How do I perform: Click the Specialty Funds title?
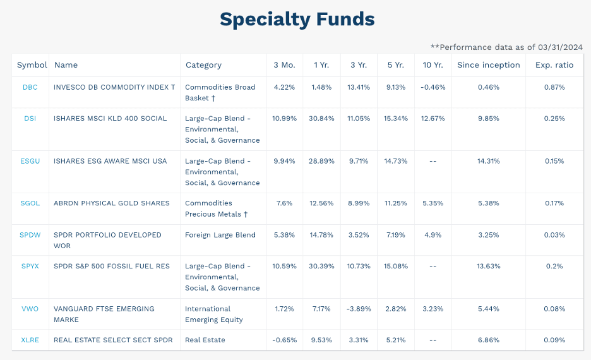(297, 19)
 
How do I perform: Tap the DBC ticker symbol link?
(30, 87)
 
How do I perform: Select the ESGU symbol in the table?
(30, 161)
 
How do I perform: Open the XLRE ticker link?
(30, 340)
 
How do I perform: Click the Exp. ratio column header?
(555, 65)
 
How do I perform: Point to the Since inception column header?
(488, 65)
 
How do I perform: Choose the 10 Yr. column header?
(433, 65)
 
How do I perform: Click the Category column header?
(203, 65)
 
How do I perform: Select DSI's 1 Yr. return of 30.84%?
(321, 119)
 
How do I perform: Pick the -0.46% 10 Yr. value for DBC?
(433, 87)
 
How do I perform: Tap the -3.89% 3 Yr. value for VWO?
(359, 309)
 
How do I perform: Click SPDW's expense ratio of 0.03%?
(554, 235)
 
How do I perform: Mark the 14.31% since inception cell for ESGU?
(488, 161)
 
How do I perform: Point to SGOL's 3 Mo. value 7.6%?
(284, 203)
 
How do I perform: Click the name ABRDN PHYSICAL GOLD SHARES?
(112, 203)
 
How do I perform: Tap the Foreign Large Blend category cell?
(220, 235)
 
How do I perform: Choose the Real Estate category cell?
(205, 340)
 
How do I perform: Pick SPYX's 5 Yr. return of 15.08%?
(396, 266)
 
